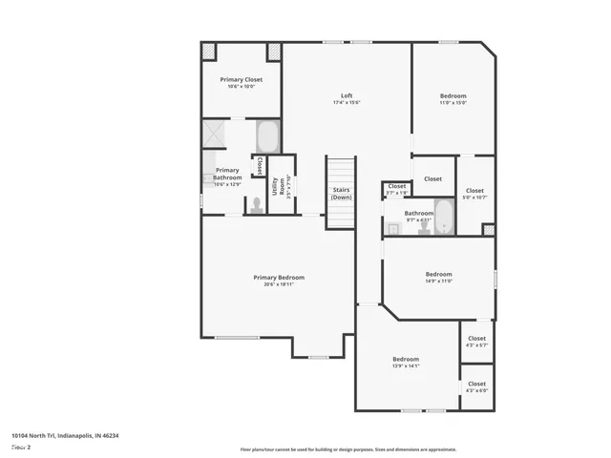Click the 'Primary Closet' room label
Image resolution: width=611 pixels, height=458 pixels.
point(241,79)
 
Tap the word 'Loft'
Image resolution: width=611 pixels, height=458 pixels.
point(348,95)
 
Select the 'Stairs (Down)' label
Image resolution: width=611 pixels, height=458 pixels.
point(341,193)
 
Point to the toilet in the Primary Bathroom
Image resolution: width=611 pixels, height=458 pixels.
point(256,205)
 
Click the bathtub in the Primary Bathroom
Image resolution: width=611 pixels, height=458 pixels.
point(267,137)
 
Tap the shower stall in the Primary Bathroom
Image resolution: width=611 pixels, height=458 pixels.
point(214,133)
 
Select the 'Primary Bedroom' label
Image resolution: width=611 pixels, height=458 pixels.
point(279,277)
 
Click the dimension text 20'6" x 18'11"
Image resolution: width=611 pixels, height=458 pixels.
point(279,284)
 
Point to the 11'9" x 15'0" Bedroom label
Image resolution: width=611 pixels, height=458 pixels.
point(453,95)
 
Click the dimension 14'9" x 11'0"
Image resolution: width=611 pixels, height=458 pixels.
point(438,281)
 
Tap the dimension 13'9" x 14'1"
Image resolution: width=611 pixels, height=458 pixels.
point(406,365)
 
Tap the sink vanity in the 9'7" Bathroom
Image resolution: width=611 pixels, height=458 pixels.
point(392,228)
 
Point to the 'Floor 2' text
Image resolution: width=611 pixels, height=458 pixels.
point(21,446)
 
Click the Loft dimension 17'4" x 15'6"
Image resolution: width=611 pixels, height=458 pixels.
point(347,103)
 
